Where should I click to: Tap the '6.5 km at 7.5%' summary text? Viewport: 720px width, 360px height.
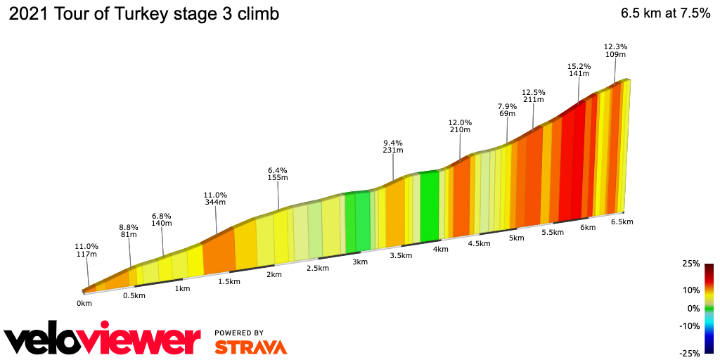665,15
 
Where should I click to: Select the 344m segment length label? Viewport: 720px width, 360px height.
215,202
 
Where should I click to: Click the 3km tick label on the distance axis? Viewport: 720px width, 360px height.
360,262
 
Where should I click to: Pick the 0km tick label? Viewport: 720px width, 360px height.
84,304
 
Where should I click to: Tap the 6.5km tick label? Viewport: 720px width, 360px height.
622,222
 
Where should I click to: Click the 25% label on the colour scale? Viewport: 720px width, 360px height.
690,264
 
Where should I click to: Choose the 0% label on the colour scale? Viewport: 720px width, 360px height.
693,308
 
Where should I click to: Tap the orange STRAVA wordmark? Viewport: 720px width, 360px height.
250,347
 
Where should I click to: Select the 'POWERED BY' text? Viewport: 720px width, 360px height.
239,333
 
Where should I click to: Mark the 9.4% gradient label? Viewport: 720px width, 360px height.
392,141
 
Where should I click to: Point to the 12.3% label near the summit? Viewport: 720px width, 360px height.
615,46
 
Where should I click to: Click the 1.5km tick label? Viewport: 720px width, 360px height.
229,282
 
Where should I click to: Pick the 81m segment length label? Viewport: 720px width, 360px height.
128,235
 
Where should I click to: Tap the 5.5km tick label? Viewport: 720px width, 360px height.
553,233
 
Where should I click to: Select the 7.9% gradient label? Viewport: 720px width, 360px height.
507,105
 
